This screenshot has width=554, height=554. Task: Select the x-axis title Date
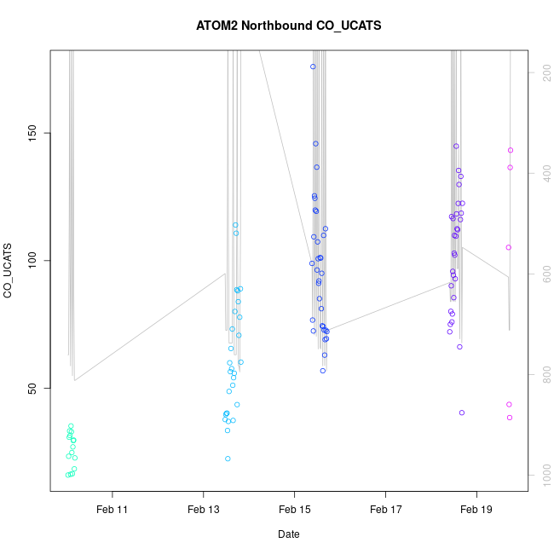click(288, 534)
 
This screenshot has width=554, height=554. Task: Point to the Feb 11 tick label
click(112, 510)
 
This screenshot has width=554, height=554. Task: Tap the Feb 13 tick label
click(203, 510)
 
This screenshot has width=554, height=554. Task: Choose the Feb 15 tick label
click(294, 510)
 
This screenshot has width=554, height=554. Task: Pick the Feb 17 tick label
click(385, 510)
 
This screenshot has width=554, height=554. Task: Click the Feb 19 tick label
click(476, 510)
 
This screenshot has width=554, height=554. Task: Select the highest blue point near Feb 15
click(313, 66)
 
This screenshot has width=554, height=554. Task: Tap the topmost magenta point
click(511, 150)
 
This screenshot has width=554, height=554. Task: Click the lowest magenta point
click(510, 418)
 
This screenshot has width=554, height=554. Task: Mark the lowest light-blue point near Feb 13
click(228, 459)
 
